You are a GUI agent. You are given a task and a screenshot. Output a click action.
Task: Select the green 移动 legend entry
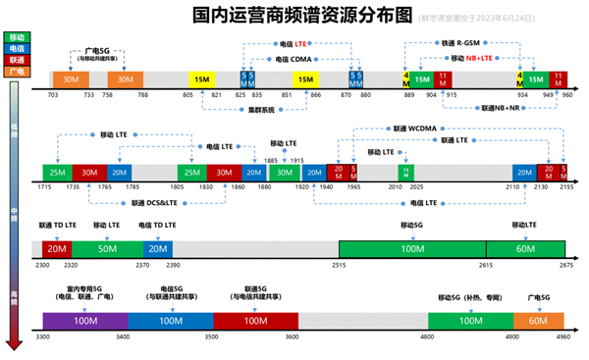coord(17,36)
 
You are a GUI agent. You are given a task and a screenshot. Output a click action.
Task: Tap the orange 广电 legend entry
coord(17,72)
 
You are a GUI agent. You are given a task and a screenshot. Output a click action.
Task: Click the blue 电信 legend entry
coord(17,48)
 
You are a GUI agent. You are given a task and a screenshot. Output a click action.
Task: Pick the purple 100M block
coord(85,321)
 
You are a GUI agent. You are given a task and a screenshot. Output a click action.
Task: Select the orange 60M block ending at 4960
coord(538,321)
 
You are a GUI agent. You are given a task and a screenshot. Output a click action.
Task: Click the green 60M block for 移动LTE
coord(526,249)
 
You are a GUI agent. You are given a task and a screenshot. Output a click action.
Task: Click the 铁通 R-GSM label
coord(461,43)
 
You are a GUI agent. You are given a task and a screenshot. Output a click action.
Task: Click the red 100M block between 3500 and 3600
coord(254,321)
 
